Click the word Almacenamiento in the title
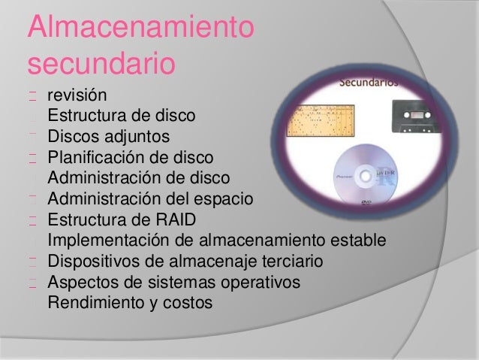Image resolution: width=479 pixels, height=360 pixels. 140,29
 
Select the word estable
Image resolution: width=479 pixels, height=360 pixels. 359,241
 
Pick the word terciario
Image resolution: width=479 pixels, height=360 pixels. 289,262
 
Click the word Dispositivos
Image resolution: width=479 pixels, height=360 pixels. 94,262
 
